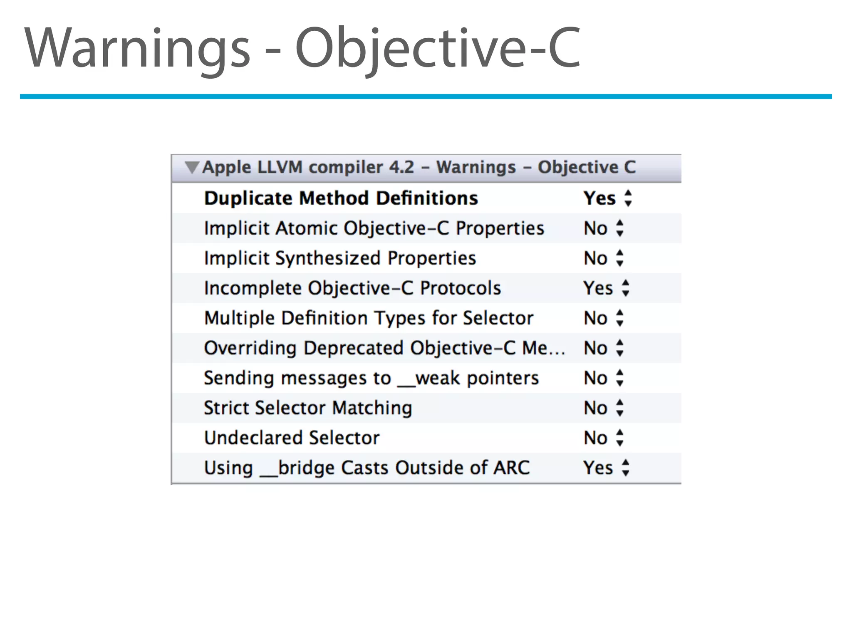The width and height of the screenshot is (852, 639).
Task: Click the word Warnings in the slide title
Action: [x=137, y=48]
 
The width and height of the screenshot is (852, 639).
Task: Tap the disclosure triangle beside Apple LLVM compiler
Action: [x=192, y=167]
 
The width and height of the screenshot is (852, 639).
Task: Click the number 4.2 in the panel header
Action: [x=401, y=167]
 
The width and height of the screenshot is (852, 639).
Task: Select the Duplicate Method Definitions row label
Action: [x=341, y=198]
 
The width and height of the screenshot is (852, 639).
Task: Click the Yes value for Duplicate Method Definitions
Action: [x=599, y=198]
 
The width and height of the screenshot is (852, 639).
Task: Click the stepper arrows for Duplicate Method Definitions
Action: [x=628, y=198]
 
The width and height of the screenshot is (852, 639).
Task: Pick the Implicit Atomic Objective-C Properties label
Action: [x=374, y=228]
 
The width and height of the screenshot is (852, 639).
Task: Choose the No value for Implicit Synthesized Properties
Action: [x=596, y=258]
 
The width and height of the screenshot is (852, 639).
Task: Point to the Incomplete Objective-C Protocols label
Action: [x=352, y=288]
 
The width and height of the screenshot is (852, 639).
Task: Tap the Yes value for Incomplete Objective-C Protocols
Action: [x=598, y=288]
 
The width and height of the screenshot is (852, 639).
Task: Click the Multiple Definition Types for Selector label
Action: [x=369, y=318]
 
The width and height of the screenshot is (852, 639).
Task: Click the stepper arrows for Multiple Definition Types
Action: [x=620, y=318]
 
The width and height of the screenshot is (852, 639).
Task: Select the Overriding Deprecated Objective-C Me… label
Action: [x=384, y=348]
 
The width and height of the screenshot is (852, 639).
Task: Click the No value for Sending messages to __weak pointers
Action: [x=596, y=378]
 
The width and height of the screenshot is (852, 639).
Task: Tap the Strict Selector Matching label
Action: [x=308, y=408]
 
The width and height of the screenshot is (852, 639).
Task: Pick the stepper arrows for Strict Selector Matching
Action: [x=620, y=408]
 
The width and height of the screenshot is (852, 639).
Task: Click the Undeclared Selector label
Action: [x=292, y=438]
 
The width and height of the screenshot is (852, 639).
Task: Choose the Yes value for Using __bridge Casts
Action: [x=598, y=468]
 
